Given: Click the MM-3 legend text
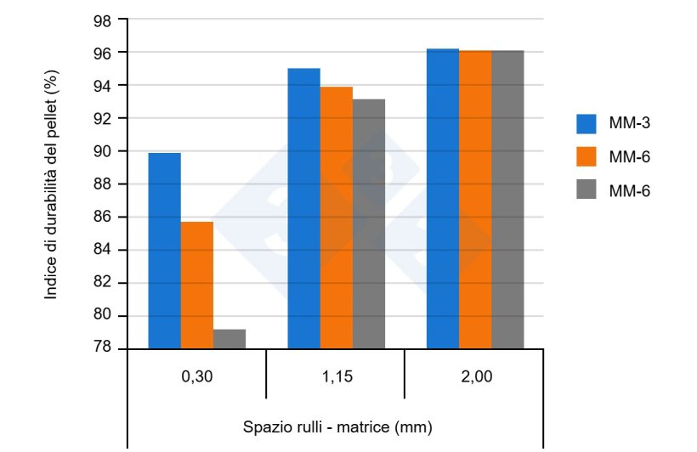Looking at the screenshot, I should click(630, 124).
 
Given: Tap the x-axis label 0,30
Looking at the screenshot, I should click(197, 376).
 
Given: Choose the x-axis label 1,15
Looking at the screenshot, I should click(335, 376).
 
